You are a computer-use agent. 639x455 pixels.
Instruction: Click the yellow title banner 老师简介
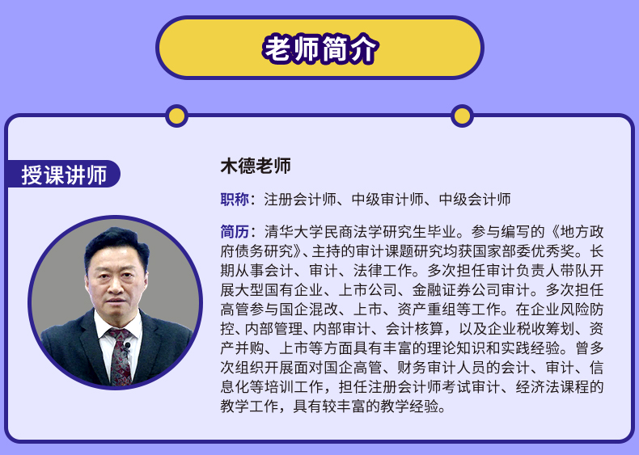pyautogui.click(x=319, y=48)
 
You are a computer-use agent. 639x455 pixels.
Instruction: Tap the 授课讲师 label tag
pyautogui.click(x=64, y=175)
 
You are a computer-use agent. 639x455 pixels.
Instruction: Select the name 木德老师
pyautogui.click(x=256, y=166)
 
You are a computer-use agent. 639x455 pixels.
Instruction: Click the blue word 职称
pyautogui.click(x=235, y=199)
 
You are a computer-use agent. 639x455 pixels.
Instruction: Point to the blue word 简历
pyautogui.click(x=235, y=231)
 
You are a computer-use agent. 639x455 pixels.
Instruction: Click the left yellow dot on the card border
pyautogui.click(x=176, y=116)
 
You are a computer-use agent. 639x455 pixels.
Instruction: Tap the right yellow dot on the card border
pyautogui.click(x=462, y=116)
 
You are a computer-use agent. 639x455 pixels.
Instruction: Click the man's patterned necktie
pyautogui.click(x=121, y=356)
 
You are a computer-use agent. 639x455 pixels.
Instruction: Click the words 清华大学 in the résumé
pyautogui.click(x=294, y=231)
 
